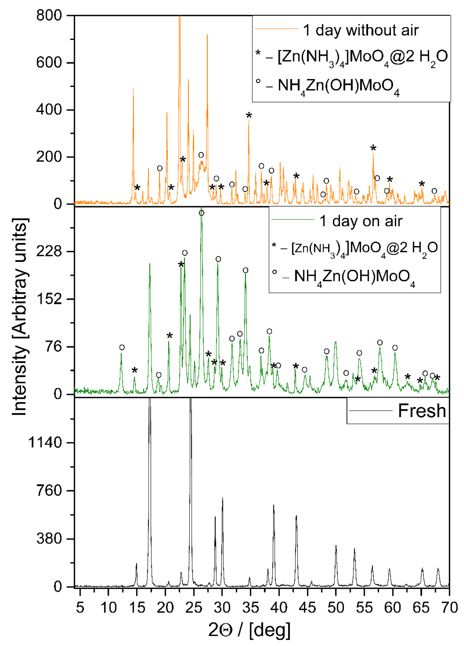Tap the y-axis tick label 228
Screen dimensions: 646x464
[x=49, y=251]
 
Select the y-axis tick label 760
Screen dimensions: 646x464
[x=49, y=490]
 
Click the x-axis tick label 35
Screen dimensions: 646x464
[x=251, y=607]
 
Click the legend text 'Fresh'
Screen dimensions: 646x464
[x=422, y=411]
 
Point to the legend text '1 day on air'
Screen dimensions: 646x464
[x=361, y=221]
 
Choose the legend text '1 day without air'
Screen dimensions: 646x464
[x=361, y=30]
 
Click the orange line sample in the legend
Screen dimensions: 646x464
[x=276, y=29]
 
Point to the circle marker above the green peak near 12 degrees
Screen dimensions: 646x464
[x=122, y=347]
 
